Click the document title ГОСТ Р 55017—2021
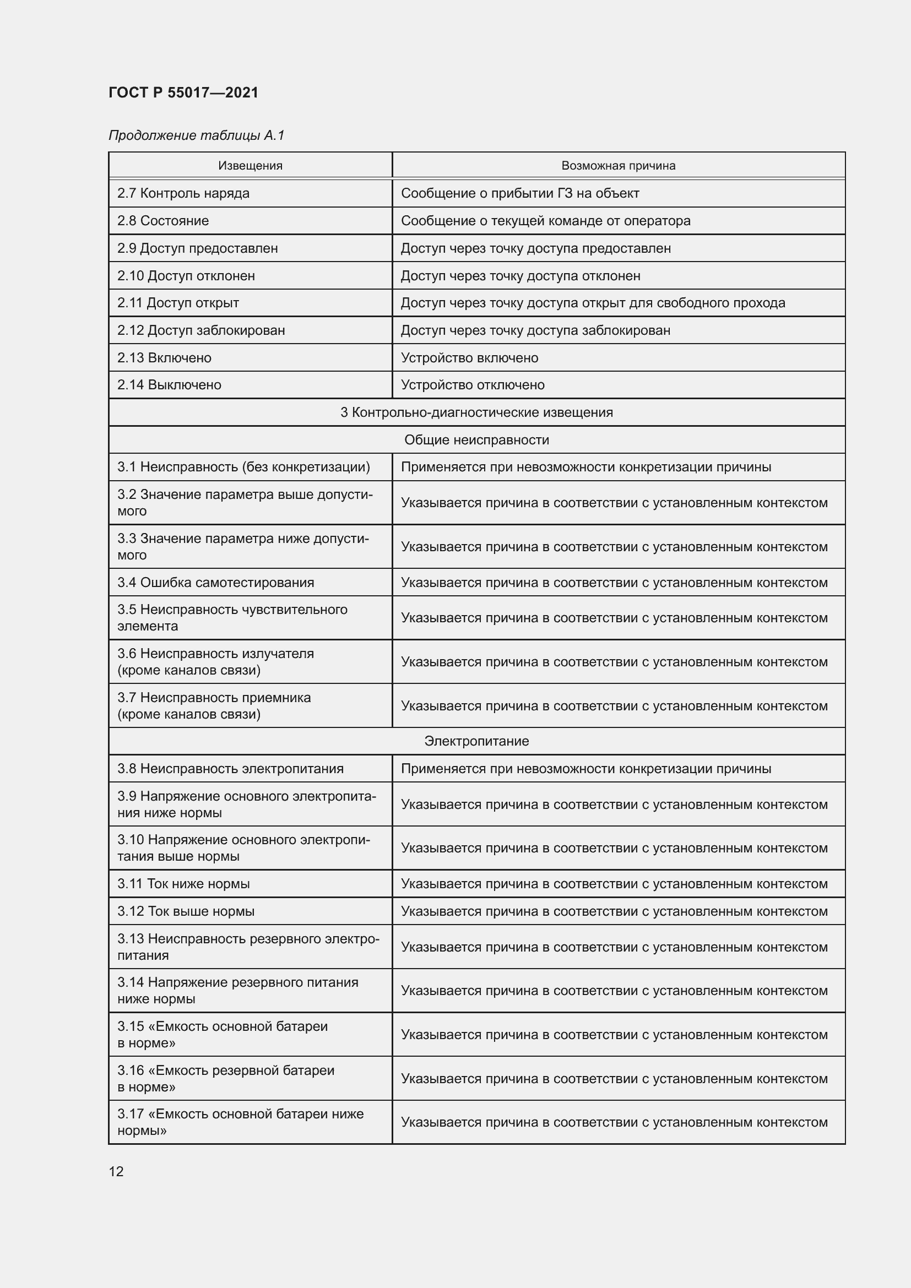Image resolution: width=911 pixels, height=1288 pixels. [183, 93]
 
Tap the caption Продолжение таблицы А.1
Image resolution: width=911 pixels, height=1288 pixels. [196, 135]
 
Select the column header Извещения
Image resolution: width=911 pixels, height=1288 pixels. [250, 166]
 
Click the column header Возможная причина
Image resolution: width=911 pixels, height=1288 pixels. [618, 166]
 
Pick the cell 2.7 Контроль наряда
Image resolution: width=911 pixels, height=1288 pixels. [183, 193]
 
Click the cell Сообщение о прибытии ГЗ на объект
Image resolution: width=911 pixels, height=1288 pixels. [520, 193]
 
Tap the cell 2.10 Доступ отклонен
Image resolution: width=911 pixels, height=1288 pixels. [186, 276]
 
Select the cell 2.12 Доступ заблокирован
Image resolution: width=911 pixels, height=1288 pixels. [201, 330]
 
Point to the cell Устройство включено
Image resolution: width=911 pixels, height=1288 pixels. [469, 358]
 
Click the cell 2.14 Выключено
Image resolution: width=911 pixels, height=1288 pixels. [170, 385]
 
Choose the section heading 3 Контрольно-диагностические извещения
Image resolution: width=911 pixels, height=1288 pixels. [477, 412]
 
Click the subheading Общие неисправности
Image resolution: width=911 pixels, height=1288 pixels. [477, 440]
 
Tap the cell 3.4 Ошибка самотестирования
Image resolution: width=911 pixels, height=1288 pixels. [215, 582]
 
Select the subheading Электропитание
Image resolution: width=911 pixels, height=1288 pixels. [477, 741]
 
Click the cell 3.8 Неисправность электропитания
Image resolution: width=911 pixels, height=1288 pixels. [230, 769]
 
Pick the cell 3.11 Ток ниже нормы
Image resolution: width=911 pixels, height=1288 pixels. [183, 883]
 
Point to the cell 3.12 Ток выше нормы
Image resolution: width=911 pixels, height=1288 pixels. [186, 911]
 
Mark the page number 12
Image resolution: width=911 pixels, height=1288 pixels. [116, 1171]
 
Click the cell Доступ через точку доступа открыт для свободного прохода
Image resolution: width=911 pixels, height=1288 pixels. [593, 303]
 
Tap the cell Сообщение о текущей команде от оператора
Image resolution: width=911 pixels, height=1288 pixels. [545, 221]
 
